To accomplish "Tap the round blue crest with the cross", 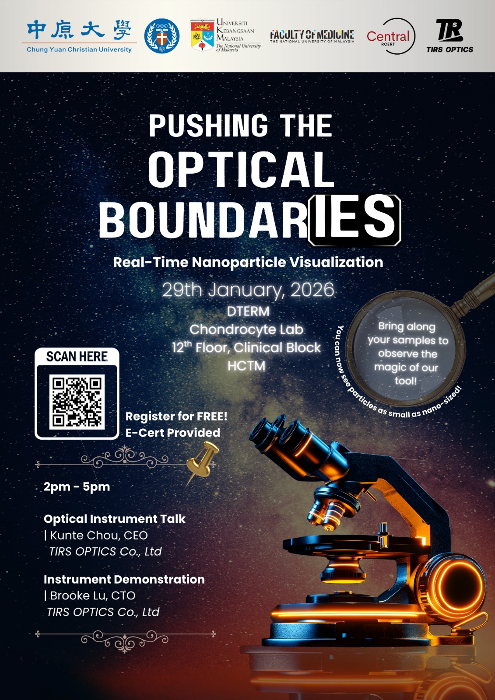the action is (x=161, y=35).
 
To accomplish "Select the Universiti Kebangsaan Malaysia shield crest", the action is (x=202, y=35).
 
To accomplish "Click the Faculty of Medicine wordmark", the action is (x=312, y=36).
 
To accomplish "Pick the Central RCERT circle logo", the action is (x=391, y=36).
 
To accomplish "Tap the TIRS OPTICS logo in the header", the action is (x=449, y=35).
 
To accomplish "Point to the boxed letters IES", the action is (x=355, y=220).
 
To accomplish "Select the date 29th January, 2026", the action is (x=248, y=290).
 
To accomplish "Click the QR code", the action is (x=77, y=402).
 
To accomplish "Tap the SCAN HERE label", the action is (x=77, y=357).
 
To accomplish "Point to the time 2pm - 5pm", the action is (x=77, y=487).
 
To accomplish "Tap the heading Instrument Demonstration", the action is (x=124, y=579).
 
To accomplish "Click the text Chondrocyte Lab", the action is (x=246, y=329).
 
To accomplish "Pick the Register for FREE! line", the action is (x=176, y=416).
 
